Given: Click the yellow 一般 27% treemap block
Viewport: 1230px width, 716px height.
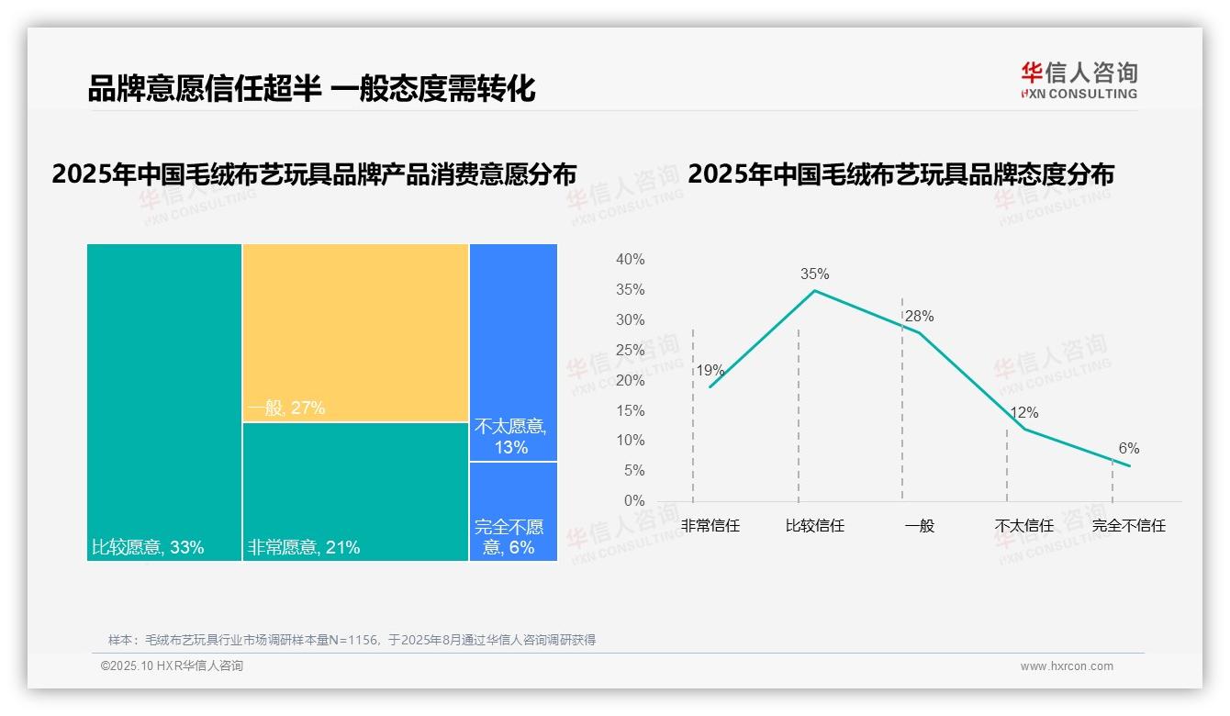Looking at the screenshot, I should click(x=355, y=332).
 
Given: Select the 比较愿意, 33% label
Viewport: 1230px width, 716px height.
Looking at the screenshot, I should click(x=148, y=548).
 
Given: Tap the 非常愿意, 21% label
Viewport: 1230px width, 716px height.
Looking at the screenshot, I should click(x=304, y=548).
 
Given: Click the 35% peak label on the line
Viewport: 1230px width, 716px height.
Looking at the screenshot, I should click(x=814, y=274).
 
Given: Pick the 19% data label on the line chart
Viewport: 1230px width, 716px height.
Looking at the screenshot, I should click(x=710, y=371).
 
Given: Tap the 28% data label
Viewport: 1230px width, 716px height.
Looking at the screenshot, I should click(x=919, y=317).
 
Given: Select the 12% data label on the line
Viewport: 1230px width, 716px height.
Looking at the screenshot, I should click(x=1024, y=413).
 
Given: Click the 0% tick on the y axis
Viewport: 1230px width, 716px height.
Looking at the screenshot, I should click(x=634, y=501).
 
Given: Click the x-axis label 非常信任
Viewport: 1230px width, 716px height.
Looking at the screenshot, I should click(x=710, y=526).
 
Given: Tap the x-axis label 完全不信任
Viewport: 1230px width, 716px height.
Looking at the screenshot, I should click(x=1128, y=526).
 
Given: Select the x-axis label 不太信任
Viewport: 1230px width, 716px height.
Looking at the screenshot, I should click(x=1024, y=526).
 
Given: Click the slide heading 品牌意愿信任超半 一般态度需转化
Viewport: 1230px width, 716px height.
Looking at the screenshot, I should click(x=311, y=89).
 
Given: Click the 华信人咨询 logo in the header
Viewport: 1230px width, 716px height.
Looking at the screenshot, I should click(x=1079, y=80).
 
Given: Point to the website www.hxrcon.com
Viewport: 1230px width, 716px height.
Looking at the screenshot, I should click(x=1067, y=666).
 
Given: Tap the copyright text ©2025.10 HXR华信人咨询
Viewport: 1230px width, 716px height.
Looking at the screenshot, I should click(x=172, y=666).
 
